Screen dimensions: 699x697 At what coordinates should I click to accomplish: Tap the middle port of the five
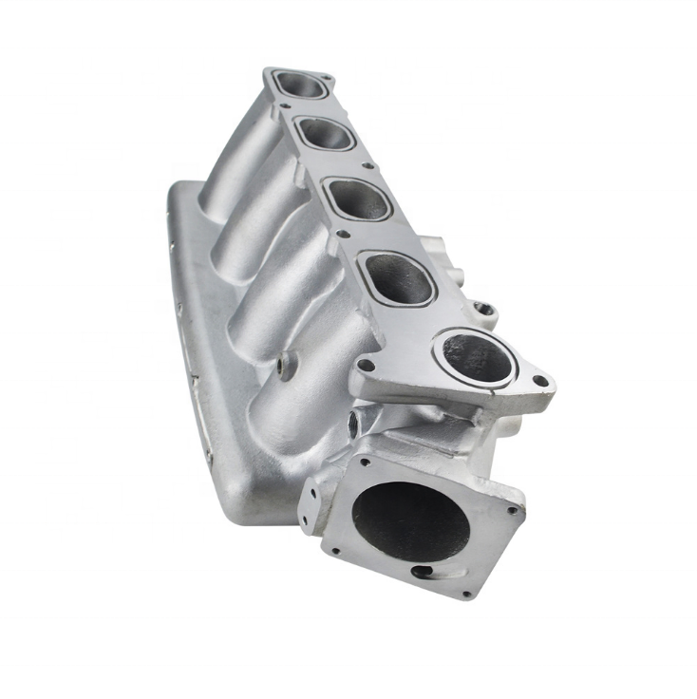pos(360,199)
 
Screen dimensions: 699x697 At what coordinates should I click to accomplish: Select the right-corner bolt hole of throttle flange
pos(514,510)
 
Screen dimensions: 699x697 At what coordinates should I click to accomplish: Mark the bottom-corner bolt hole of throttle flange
pos(465,594)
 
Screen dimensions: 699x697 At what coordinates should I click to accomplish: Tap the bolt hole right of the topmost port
pos(327,78)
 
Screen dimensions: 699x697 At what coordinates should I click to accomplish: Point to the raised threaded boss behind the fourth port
pos(485,309)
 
